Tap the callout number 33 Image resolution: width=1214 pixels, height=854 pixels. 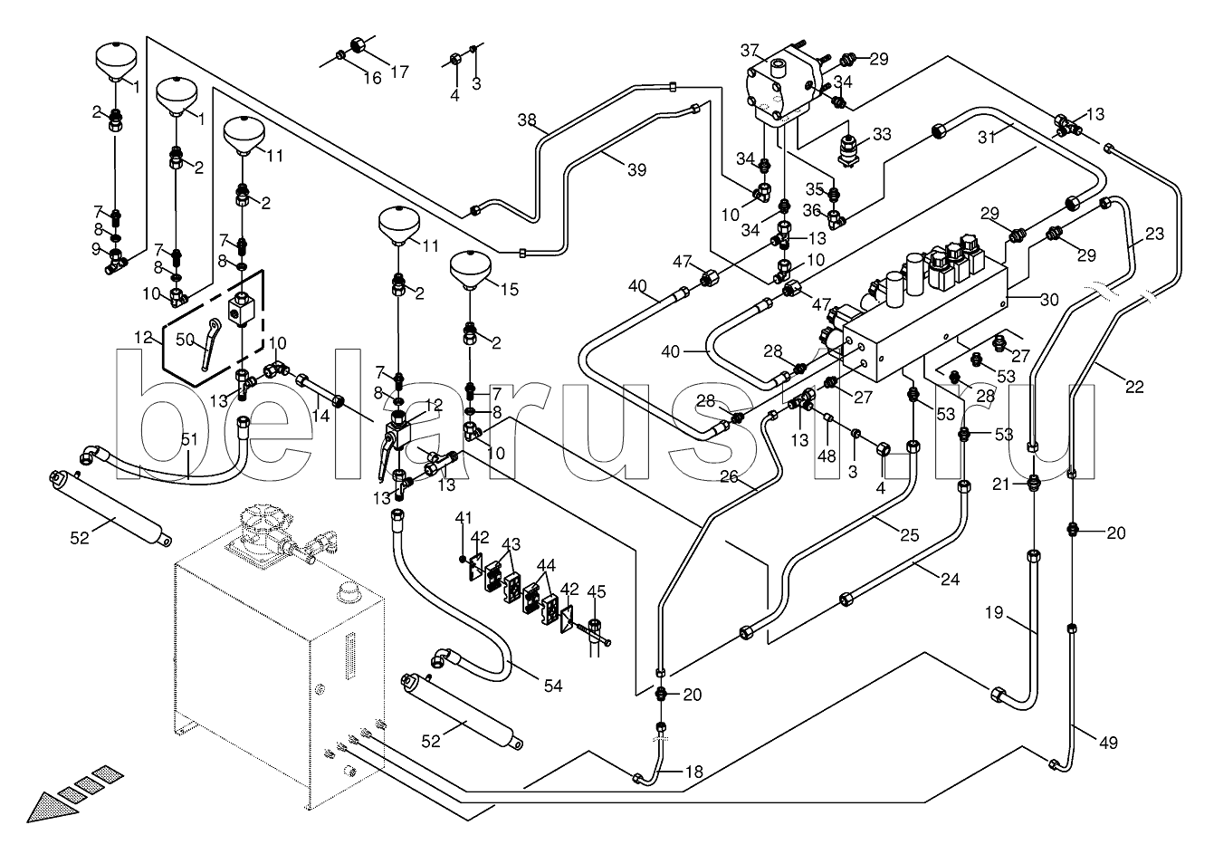click(x=881, y=135)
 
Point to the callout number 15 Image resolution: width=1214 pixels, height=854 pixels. click(x=509, y=290)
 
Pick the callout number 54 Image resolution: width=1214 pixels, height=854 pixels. click(x=552, y=686)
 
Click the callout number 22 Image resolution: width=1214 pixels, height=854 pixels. click(x=1134, y=387)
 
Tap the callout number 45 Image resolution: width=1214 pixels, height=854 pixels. click(x=595, y=593)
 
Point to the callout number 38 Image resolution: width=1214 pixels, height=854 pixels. click(x=528, y=120)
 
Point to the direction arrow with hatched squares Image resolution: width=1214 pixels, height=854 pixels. click(x=73, y=792)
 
